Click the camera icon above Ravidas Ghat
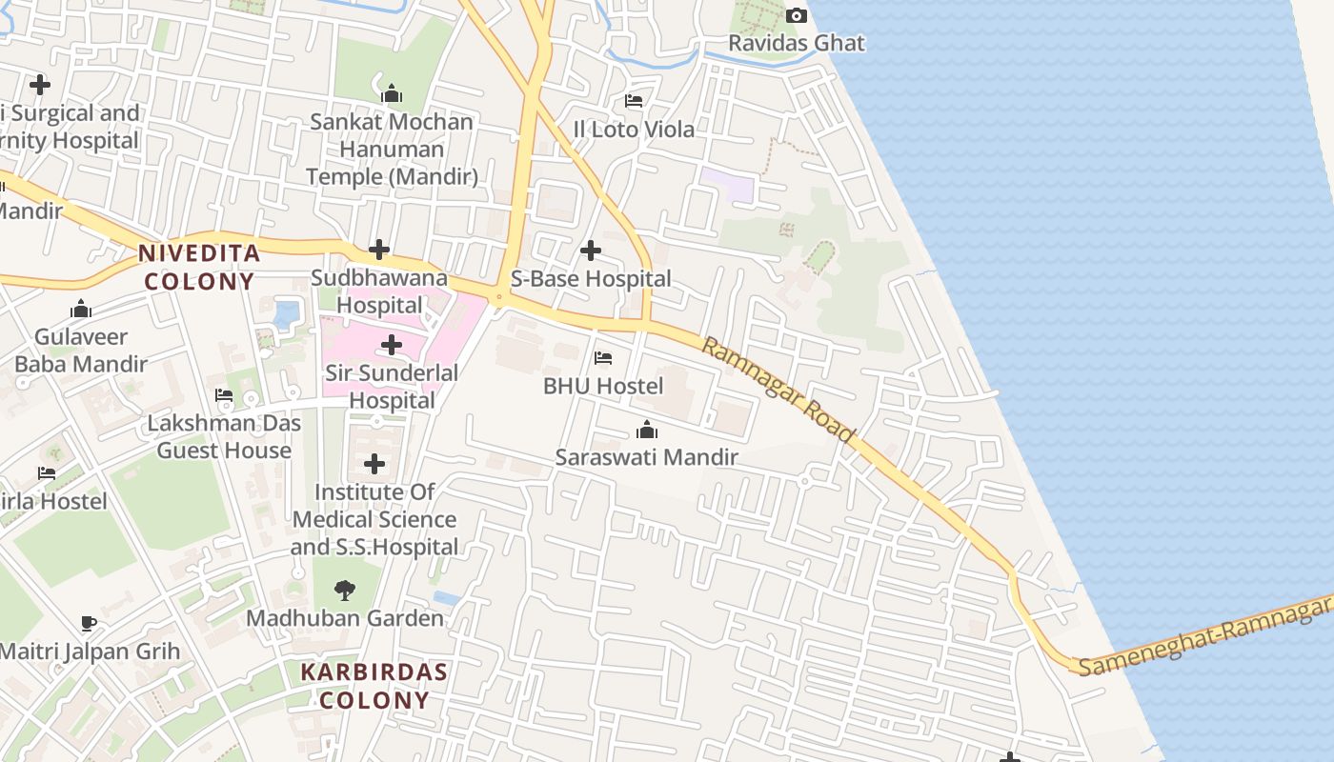click(x=796, y=15)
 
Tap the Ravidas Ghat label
click(x=797, y=43)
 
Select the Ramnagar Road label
click(x=778, y=389)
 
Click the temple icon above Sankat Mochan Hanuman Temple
click(x=392, y=93)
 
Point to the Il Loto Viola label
click(x=634, y=129)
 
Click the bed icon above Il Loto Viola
click(x=634, y=100)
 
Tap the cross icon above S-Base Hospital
click(x=591, y=251)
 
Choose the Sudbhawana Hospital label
click(x=379, y=291)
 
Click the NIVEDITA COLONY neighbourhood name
click(x=199, y=267)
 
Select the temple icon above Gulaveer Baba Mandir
click(x=81, y=309)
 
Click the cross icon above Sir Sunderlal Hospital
click(x=392, y=345)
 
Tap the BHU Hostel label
click(x=603, y=386)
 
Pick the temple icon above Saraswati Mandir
click(x=647, y=430)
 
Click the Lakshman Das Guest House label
click(x=224, y=436)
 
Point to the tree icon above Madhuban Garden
click(x=345, y=591)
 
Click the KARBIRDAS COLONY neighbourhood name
click(x=374, y=686)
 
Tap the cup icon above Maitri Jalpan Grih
click(x=89, y=624)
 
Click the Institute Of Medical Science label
click(x=374, y=519)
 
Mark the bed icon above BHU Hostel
click(x=603, y=358)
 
